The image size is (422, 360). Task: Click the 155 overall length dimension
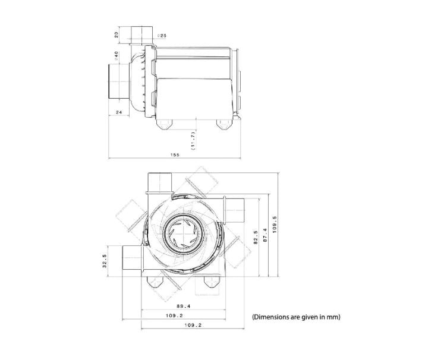point(175,154)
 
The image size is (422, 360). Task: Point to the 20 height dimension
point(117,34)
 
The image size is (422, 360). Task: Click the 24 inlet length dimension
point(118,112)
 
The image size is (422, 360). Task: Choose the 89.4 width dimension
point(175,306)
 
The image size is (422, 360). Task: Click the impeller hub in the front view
point(183,232)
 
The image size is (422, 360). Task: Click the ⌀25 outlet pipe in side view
point(140,35)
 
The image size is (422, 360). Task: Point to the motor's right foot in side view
point(224,123)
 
